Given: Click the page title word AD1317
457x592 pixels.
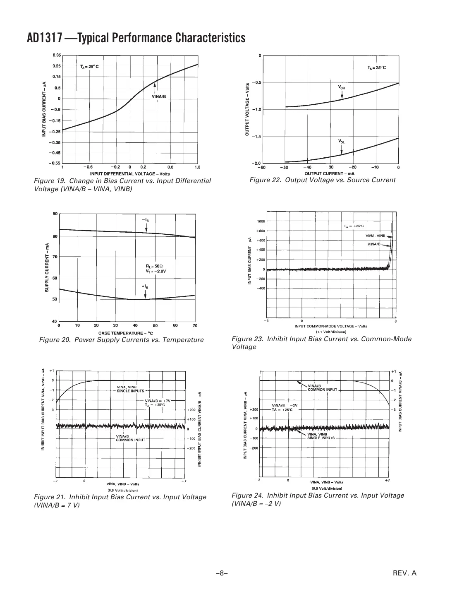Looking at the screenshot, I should point(45,38).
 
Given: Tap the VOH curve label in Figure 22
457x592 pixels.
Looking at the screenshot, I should point(342,87).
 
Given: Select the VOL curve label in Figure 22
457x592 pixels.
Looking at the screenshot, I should point(342,142).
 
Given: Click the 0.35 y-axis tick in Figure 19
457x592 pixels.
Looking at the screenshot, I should point(57,55).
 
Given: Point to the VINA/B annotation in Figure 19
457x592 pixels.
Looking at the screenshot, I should point(158,96).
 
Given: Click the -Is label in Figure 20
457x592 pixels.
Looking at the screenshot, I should point(146,219).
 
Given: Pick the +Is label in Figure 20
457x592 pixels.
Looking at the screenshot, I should point(145,286).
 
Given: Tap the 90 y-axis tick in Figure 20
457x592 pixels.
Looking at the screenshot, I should point(55,214).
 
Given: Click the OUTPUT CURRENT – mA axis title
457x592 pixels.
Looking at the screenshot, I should point(329,173).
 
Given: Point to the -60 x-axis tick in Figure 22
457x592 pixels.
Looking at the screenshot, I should point(262,168).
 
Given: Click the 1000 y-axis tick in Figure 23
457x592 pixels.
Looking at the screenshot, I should point(261,221).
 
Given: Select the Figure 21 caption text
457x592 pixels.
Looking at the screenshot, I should point(120,501).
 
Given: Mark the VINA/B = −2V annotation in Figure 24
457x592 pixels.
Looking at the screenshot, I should point(285,405).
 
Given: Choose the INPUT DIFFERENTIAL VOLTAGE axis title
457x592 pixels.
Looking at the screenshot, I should point(130,174).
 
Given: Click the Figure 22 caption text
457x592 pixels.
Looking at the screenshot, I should point(322,180).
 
